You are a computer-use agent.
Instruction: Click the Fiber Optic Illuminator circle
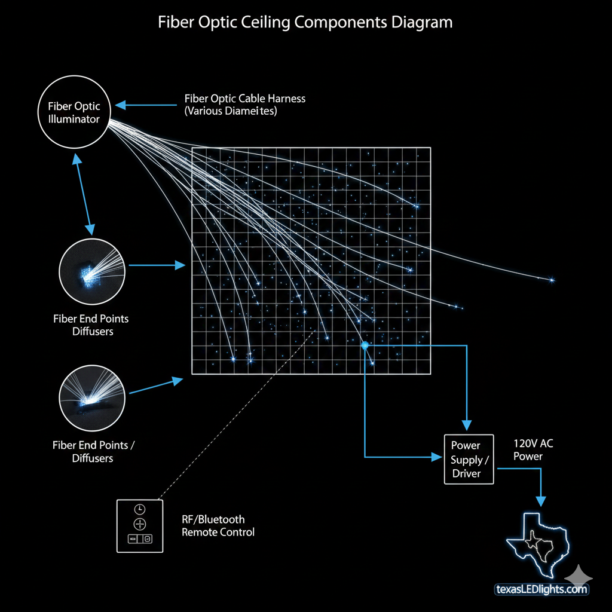tap(74, 113)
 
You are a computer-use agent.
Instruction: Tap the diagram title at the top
tap(305, 23)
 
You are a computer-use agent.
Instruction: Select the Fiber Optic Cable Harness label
tap(244, 105)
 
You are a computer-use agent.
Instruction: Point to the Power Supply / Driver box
tap(469, 459)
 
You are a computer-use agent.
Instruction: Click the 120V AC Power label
tap(529, 450)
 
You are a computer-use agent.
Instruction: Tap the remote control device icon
tap(139, 525)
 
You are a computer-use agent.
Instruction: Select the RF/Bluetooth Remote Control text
tap(218, 526)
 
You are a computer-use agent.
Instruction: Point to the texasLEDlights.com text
tap(542, 589)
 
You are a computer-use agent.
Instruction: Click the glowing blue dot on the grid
tap(364, 345)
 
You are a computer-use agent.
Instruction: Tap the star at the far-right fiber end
tap(551, 280)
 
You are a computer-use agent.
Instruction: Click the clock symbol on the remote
tap(139, 509)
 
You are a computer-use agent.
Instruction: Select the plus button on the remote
tap(139, 524)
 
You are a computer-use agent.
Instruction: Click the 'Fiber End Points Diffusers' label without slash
tap(91, 325)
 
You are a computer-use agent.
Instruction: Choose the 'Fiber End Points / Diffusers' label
tap(93, 451)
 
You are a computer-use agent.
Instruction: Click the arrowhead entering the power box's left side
tap(437, 457)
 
